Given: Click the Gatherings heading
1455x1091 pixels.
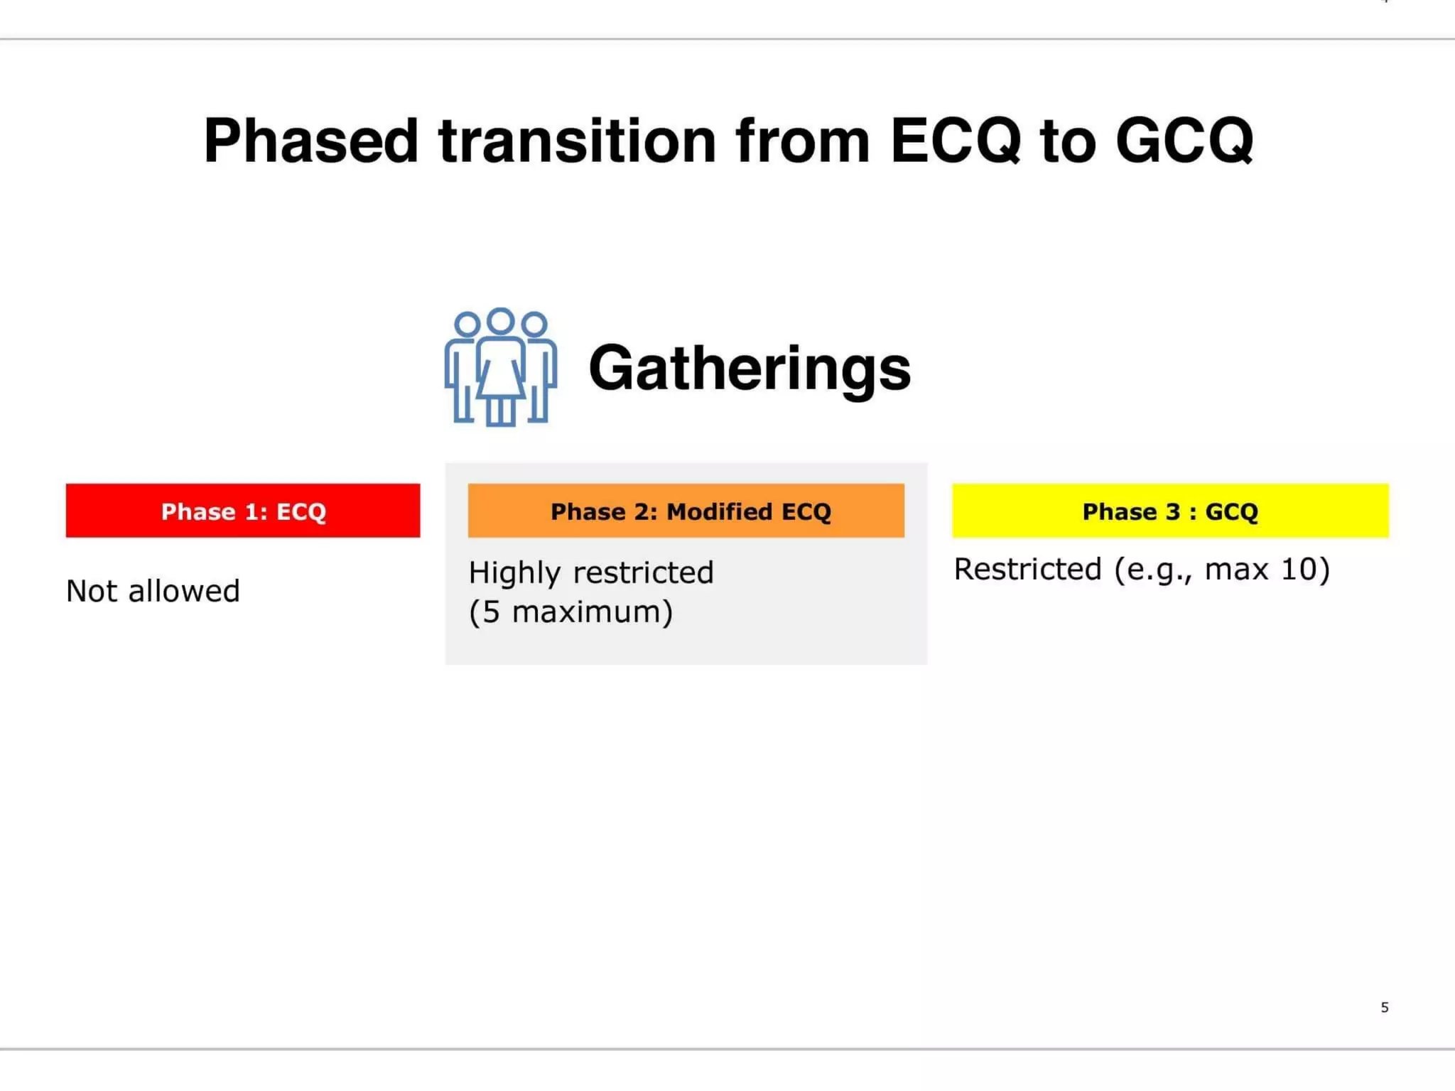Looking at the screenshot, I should pos(750,368).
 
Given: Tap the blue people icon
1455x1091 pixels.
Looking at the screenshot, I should pos(501,367).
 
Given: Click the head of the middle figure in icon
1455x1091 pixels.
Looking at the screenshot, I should pos(501,321).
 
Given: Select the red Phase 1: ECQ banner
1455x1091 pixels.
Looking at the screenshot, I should pos(243,511).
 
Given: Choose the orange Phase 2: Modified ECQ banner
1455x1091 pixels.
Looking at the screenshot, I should pos(686,511).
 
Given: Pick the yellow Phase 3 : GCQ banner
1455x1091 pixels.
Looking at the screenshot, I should pos(1170,511).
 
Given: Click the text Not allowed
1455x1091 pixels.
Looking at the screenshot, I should pos(153,591).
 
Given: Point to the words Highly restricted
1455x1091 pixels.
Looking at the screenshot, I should pos(591,572).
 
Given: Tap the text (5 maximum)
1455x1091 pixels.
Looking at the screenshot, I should pos(570,612).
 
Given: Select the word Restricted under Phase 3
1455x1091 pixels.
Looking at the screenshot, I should pos(1027,569).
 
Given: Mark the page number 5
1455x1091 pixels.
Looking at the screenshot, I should pos(1385,1007).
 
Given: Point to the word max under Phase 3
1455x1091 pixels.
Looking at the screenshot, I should pos(1236,569).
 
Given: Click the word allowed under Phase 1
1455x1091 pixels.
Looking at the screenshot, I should pos(184,591).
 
